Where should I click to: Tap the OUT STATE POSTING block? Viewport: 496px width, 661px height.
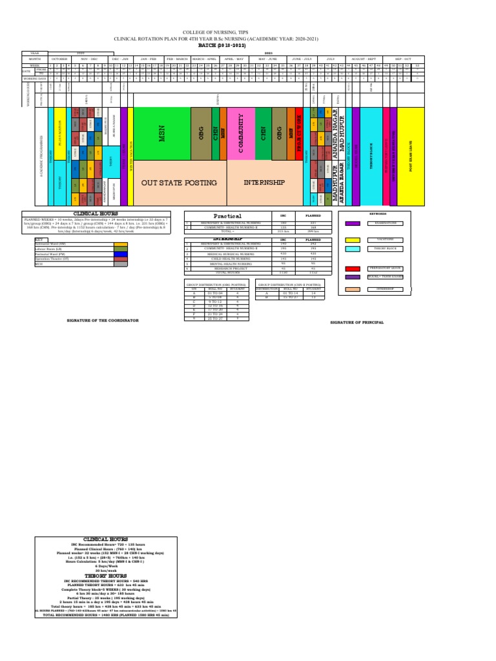(x=180, y=183)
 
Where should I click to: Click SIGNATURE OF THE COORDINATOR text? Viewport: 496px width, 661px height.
(x=103, y=320)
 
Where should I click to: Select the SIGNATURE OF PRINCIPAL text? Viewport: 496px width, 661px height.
(x=357, y=321)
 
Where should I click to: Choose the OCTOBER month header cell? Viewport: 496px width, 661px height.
(x=59, y=58)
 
